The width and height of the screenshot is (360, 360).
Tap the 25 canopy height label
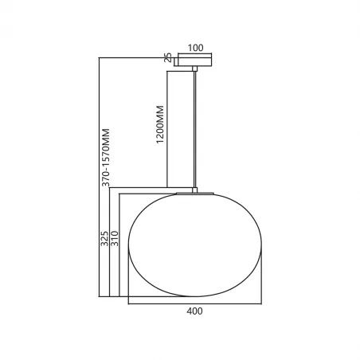pos(167,57)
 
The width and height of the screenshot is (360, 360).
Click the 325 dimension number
pos(105,240)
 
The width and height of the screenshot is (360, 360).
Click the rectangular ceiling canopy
pos(195,58)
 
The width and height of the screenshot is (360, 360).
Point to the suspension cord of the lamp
pos(195,127)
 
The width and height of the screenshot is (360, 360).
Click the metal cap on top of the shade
pos(195,192)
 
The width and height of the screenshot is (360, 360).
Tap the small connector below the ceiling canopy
pos(195,68)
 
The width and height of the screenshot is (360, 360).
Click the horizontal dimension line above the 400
pos(194,303)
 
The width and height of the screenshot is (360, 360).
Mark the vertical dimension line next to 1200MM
pos(166,127)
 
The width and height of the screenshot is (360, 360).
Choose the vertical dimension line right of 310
pos(119,247)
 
